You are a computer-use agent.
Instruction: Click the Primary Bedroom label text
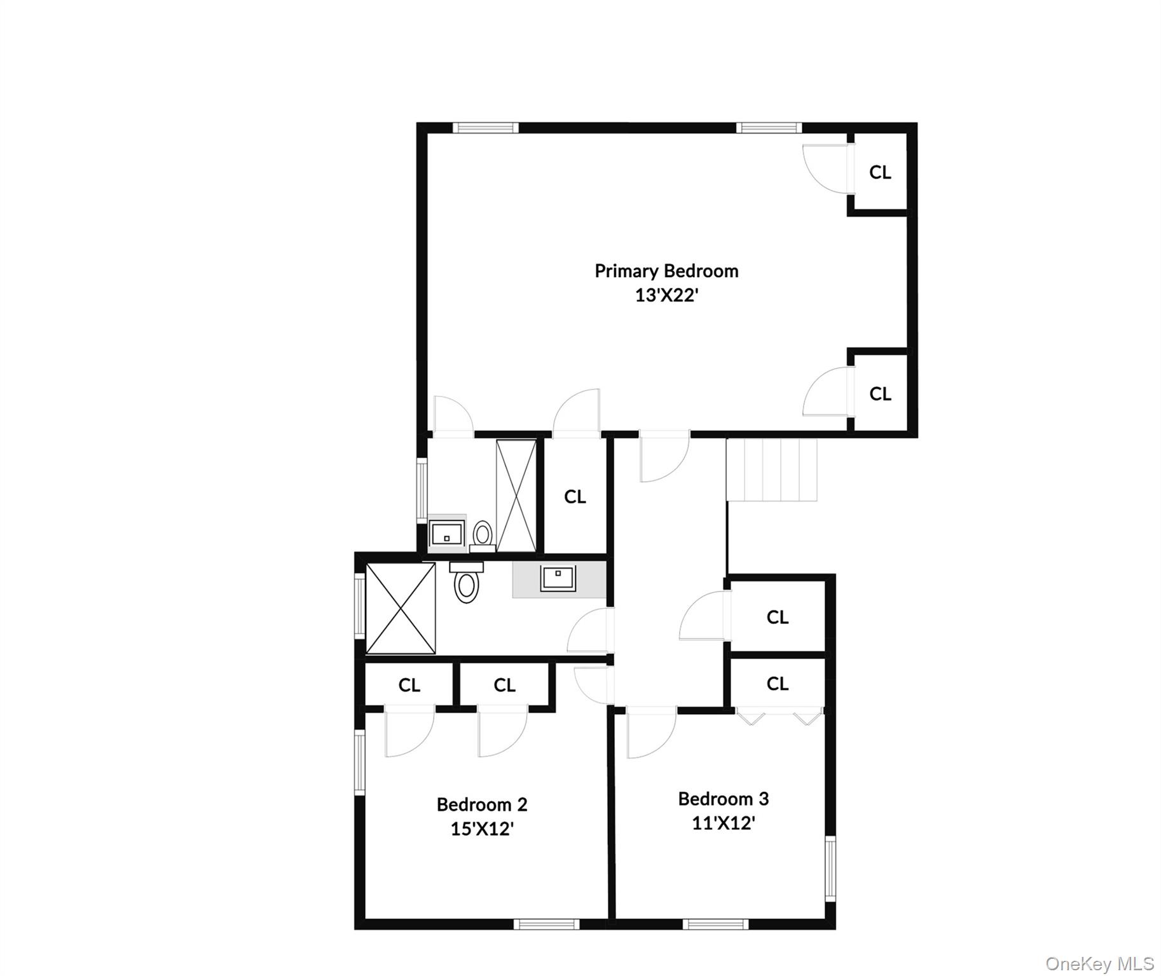click(666, 271)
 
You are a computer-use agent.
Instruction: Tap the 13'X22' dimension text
click(666, 295)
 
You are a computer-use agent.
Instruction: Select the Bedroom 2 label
click(482, 804)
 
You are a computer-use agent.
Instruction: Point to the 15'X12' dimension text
click(482, 829)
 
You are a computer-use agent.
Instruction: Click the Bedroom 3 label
click(724, 799)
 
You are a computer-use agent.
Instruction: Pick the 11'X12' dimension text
click(724, 823)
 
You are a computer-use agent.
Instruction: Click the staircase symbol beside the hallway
click(771, 470)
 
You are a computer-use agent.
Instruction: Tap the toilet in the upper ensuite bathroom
click(483, 535)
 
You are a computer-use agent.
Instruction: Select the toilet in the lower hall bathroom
click(467, 583)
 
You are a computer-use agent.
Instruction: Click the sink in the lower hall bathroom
click(558, 578)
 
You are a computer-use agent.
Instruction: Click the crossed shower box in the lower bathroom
click(401, 608)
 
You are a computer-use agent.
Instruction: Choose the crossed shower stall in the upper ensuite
click(516, 496)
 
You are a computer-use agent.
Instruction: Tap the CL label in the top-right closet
click(880, 172)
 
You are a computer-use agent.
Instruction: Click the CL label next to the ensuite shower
click(575, 497)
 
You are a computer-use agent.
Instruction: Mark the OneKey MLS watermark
click(1099, 964)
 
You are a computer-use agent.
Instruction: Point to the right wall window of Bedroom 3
click(830, 868)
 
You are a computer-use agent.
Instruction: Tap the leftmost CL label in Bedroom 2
click(409, 685)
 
